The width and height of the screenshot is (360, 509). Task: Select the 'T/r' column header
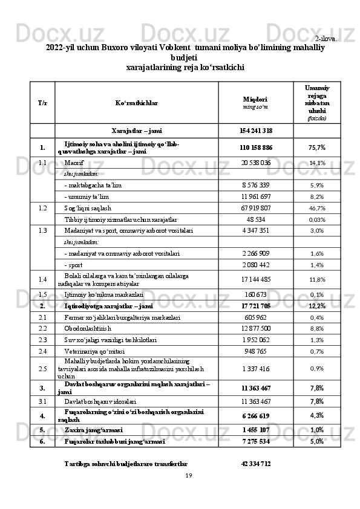click(43, 102)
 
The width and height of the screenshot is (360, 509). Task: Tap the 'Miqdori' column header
click(255, 99)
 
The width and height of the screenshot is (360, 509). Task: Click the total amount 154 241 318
click(256, 131)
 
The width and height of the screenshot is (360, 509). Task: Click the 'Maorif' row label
click(74, 163)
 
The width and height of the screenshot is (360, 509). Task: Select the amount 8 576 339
click(256, 185)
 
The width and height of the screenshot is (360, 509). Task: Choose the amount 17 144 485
click(256, 279)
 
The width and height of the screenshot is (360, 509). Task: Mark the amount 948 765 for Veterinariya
click(256, 351)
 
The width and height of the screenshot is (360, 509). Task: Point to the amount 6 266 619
click(256, 416)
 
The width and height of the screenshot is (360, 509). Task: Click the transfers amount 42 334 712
click(256, 464)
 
